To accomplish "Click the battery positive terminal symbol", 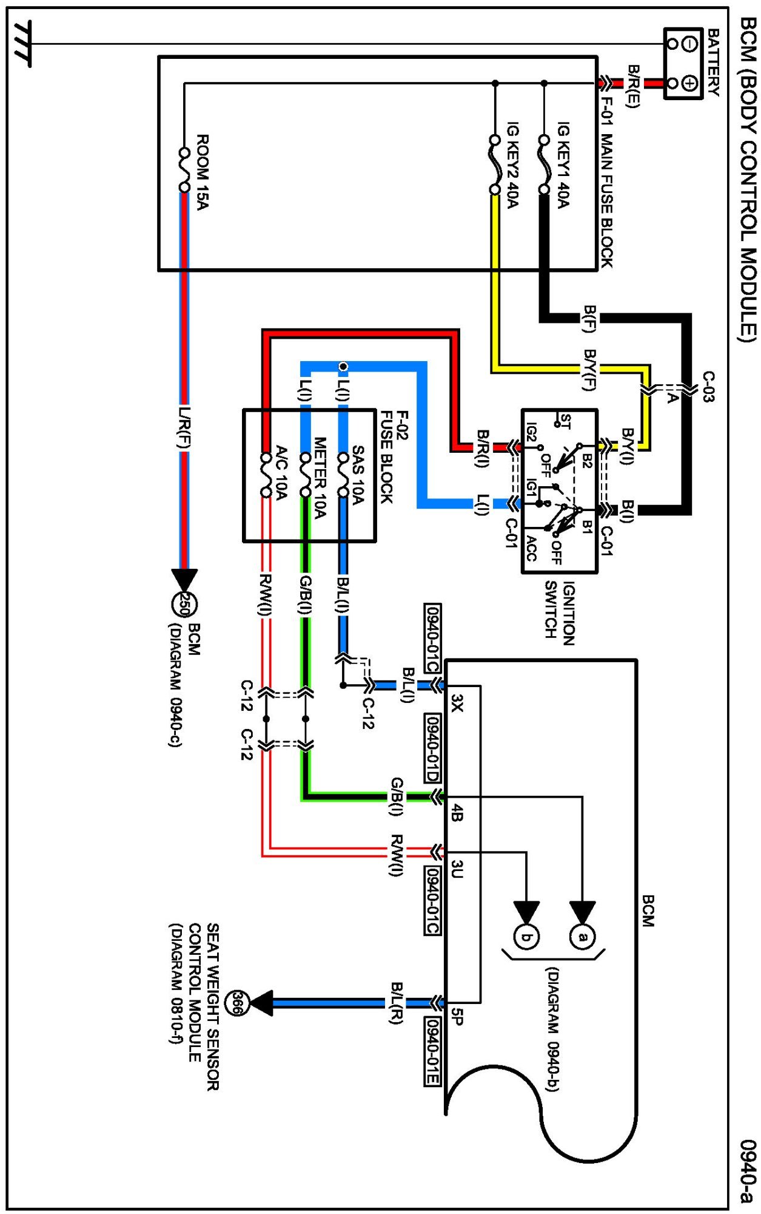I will click(689, 83).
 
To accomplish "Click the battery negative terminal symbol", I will click(689, 44).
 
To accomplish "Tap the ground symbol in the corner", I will click(22, 44).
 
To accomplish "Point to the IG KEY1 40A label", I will click(563, 164).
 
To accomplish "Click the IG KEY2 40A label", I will click(512, 164).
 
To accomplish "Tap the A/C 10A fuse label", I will click(281, 473).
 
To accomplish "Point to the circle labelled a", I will click(582, 937).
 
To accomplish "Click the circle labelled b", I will click(526, 937).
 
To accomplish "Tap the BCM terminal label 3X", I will click(457, 704).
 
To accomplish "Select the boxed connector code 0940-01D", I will click(432, 748).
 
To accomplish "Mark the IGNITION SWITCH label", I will click(559, 613).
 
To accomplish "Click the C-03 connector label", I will click(708, 387).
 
